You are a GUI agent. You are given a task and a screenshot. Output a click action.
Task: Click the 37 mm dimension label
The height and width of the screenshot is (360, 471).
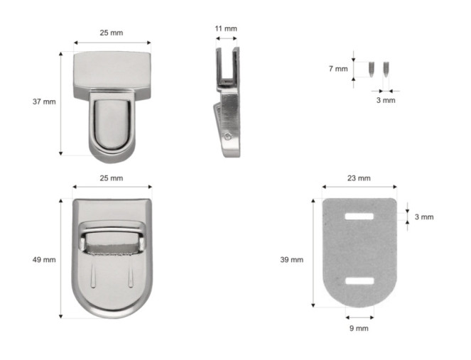click(44, 102)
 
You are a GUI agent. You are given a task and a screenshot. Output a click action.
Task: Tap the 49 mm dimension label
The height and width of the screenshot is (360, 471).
click(44, 260)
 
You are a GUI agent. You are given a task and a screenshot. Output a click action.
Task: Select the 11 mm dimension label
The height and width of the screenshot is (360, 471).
click(226, 28)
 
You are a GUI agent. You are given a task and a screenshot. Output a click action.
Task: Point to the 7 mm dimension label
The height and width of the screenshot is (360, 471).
click(338, 69)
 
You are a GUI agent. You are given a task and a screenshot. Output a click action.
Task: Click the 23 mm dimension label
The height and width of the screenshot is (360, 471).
click(359, 178)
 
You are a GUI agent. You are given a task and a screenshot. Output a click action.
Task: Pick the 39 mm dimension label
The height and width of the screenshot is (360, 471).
click(292, 260)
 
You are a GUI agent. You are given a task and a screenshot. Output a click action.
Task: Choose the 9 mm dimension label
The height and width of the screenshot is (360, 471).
click(359, 328)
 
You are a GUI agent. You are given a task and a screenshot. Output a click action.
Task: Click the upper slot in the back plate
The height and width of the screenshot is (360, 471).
click(359, 217)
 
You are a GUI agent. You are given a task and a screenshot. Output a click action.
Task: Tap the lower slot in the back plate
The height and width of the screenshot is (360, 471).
click(359, 281)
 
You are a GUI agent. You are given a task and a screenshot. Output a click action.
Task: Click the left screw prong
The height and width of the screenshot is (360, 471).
click(372, 70)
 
